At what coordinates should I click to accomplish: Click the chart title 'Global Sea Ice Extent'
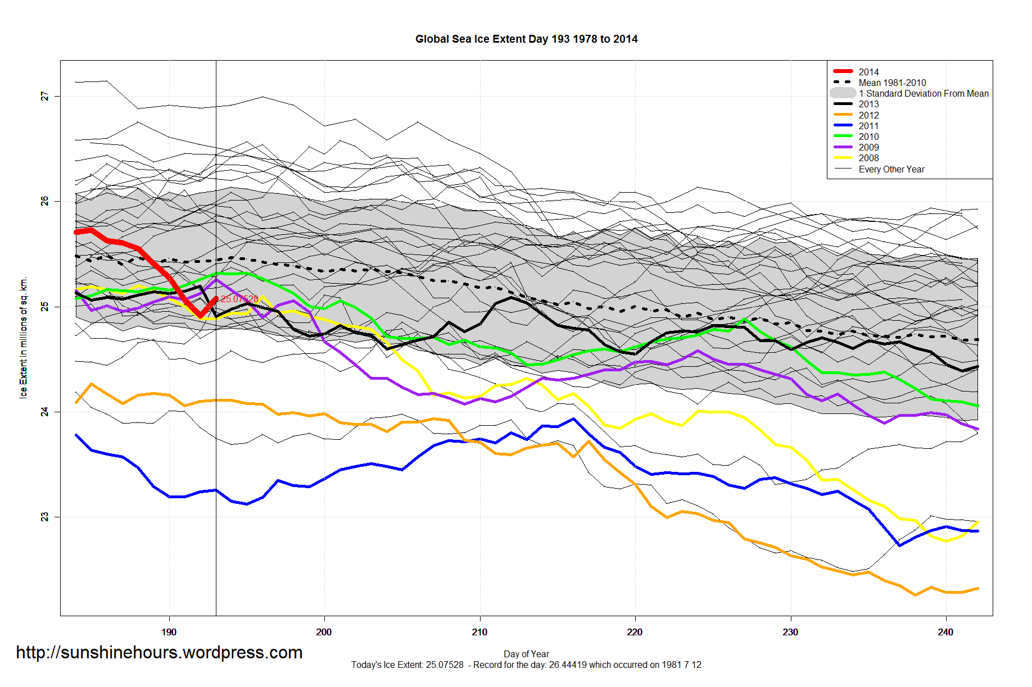pos(526,39)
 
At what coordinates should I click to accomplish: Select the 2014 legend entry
pos(868,72)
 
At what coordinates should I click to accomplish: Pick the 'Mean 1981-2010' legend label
pos(892,83)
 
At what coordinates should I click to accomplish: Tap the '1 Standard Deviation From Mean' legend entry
pos(923,93)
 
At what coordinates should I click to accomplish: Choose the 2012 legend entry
pos(868,115)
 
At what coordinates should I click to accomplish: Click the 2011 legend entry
pos(868,126)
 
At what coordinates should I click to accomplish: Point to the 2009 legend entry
pos(868,147)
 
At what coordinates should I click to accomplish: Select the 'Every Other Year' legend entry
pos(891,169)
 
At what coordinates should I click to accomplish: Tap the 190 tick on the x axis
pos(169,632)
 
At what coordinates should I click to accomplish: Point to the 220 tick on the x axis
pos(635,632)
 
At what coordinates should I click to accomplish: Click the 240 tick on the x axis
pos(945,632)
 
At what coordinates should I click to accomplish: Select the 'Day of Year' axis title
pos(526,654)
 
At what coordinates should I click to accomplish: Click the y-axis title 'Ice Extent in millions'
pos(24,338)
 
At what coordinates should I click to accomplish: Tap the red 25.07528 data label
pos(239,299)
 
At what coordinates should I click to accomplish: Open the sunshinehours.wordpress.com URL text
pos(159,652)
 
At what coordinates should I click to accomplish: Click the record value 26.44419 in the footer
pos(568,665)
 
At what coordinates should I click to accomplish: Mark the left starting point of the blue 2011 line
pos(76,435)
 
